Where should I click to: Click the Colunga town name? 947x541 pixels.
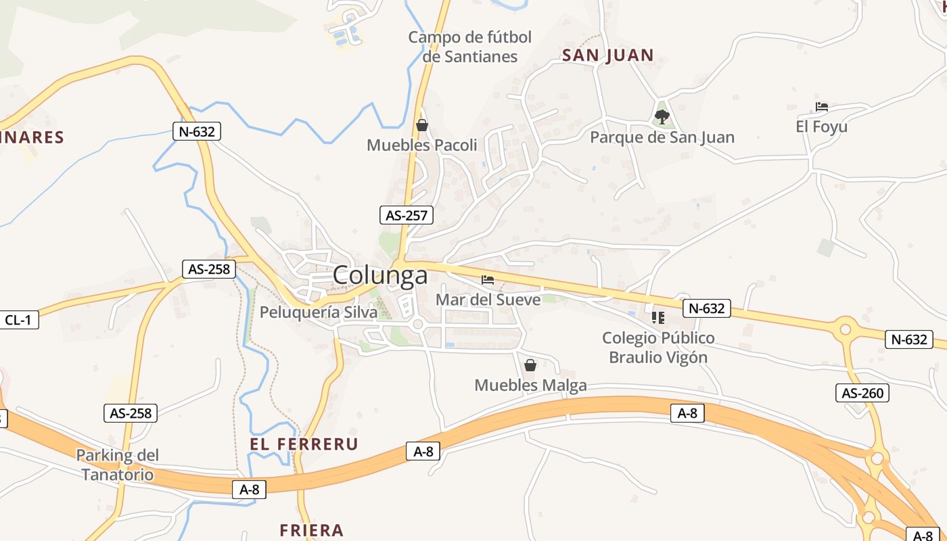[x=380, y=275]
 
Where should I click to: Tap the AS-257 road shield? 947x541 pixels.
[x=406, y=215]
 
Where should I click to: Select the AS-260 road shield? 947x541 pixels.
[x=862, y=393]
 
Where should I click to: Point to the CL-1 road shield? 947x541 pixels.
[x=18, y=320]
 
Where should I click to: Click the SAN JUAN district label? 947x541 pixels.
[x=607, y=55]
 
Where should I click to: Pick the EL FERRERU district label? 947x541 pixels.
[x=304, y=444]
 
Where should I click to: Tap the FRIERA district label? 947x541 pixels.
[x=312, y=530]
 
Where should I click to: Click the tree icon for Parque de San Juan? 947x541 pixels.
[x=662, y=116]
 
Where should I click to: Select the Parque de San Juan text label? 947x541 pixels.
[x=662, y=137]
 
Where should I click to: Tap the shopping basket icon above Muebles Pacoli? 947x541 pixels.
[x=422, y=125]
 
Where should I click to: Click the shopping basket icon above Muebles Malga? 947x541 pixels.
[x=530, y=365]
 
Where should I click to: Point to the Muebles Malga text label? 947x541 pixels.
[x=530, y=385]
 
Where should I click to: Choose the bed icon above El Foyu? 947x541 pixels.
[x=822, y=107]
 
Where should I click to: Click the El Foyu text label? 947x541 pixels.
[x=821, y=126]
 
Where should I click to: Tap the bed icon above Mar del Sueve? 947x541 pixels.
[x=488, y=279]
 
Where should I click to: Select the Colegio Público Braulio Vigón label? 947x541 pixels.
[x=658, y=348]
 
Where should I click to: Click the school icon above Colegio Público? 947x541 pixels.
[x=658, y=317]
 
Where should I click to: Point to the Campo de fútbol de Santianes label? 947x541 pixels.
[x=470, y=47]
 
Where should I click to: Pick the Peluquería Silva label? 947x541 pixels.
[x=318, y=312]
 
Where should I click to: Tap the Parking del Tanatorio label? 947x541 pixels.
[x=117, y=465]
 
